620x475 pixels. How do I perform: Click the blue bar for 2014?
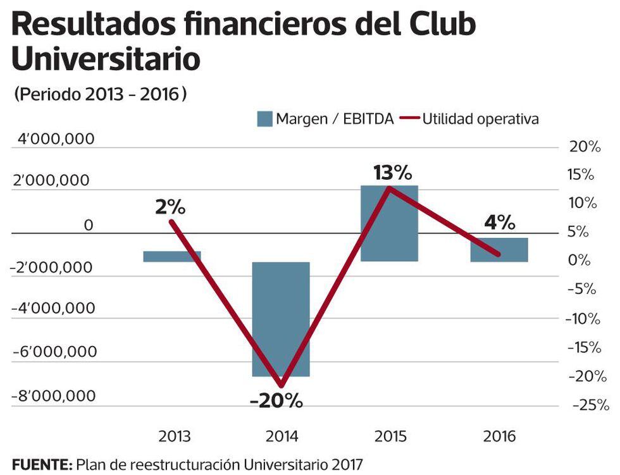281,319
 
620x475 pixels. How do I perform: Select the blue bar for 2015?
389,223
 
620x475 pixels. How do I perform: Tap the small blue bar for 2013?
171,256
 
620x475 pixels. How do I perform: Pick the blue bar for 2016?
499,249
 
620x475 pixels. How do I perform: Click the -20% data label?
276,401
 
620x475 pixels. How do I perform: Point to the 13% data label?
392,173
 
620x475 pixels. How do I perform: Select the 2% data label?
170,207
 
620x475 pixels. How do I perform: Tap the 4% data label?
500,223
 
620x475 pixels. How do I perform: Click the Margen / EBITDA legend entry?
325,119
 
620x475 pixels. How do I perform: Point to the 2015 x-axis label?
389,437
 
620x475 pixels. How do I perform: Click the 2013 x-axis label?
175,437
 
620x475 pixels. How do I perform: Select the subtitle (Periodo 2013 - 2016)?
100,94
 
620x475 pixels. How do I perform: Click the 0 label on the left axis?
89,225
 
